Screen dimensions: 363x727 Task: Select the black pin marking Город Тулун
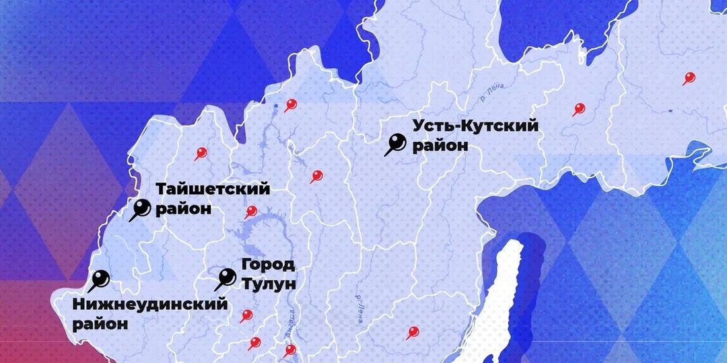[x=227, y=277]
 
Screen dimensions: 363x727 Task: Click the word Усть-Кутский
[x=475, y=126]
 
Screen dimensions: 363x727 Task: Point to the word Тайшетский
[x=213, y=189]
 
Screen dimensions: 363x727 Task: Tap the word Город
[x=268, y=264]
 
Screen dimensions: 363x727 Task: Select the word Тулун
[x=269, y=284]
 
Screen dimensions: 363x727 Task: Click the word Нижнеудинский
[x=149, y=305]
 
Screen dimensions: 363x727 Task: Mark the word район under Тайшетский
[x=184, y=209]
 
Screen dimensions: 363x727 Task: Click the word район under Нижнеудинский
[x=100, y=324]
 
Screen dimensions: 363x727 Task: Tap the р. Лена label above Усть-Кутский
[x=492, y=93]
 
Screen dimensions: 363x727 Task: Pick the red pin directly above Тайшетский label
[x=200, y=153]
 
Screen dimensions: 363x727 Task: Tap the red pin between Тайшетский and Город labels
[x=250, y=212]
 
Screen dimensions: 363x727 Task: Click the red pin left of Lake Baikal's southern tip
[x=412, y=332]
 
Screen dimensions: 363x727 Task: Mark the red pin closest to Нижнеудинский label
[x=246, y=315]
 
